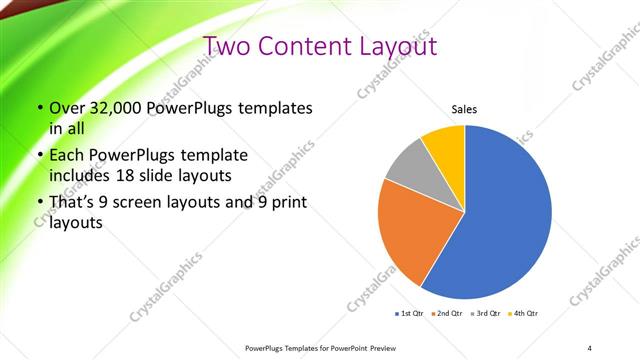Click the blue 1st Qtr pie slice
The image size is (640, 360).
click(x=505, y=215)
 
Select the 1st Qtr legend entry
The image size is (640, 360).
click(x=411, y=314)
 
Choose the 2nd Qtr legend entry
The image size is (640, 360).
click(x=446, y=314)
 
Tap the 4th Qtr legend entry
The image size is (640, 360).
click(x=524, y=314)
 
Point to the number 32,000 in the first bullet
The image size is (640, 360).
click(x=111, y=107)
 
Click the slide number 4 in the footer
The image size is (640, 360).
click(x=589, y=347)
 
